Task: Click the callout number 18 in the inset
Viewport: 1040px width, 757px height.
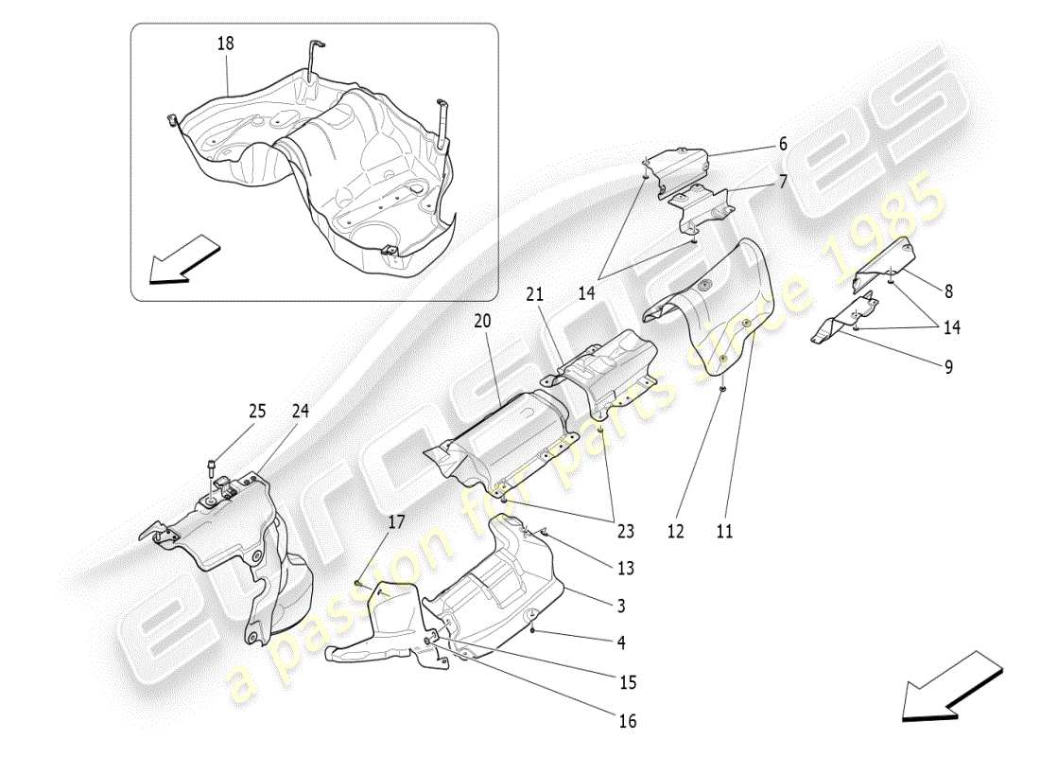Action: pos(225,44)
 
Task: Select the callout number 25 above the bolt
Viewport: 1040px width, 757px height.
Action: pos(258,412)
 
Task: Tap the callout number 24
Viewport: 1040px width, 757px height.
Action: pos(300,412)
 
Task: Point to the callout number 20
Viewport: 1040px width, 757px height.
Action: pos(483,322)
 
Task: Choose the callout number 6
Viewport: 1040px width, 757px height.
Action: pos(783,144)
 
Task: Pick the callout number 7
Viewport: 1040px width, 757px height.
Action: pos(783,180)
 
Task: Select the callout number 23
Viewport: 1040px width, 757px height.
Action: pos(625,532)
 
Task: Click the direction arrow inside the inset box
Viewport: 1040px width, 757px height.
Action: pos(184,259)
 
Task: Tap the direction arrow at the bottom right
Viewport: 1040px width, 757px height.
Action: pos(950,686)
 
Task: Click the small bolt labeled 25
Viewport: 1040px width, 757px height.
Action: pos(212,466)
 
